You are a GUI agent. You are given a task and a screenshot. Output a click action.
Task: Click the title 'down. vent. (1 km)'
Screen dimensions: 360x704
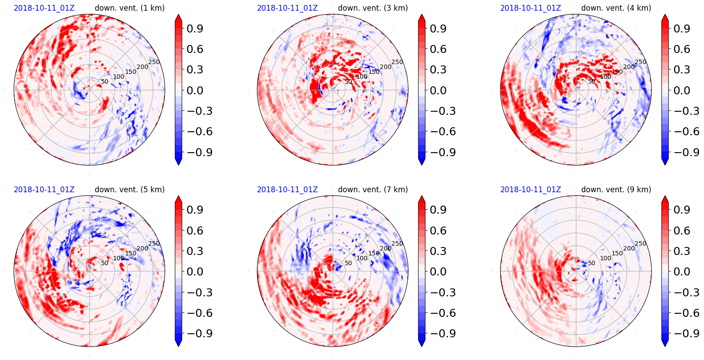click(x=129, y=8)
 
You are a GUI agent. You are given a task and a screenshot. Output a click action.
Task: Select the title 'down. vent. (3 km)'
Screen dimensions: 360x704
click(x=373, y=8)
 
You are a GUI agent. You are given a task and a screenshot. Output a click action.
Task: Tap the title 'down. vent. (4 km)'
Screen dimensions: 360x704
click(x=616, y=8)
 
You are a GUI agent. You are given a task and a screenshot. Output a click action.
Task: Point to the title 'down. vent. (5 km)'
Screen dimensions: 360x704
click(x=129, y=190)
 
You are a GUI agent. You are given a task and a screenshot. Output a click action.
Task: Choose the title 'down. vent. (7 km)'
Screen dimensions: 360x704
click(x=373, y=190)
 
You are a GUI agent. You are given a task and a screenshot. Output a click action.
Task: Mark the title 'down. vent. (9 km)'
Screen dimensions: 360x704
click(x=616, y=190)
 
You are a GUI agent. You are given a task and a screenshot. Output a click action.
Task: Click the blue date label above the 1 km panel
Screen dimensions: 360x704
click(x=44, y=8)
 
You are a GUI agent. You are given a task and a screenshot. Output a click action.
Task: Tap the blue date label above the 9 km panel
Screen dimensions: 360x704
click(x=531, y=190)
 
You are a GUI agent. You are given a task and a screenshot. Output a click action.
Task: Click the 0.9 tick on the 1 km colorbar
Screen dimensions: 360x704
click(x=194, y=28)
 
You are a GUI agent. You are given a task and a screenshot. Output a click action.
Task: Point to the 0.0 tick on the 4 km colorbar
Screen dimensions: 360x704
click(x=681, y=90)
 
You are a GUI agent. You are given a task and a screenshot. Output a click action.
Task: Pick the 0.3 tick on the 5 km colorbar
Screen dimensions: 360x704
click(x=194, y=251)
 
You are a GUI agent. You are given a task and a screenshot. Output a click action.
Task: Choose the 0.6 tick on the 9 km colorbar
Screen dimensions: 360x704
click(x=681, y=231)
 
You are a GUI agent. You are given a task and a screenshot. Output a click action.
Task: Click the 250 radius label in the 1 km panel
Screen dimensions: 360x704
click(x=154, y=62)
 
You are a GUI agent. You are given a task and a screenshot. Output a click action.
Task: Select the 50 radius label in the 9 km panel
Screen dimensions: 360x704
click(x=591, y=263)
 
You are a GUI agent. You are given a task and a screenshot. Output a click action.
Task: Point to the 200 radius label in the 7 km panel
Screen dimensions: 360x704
click(x=386, y=248)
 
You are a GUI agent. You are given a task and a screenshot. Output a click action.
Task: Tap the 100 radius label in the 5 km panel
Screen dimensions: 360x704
click(x=119, y=258)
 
